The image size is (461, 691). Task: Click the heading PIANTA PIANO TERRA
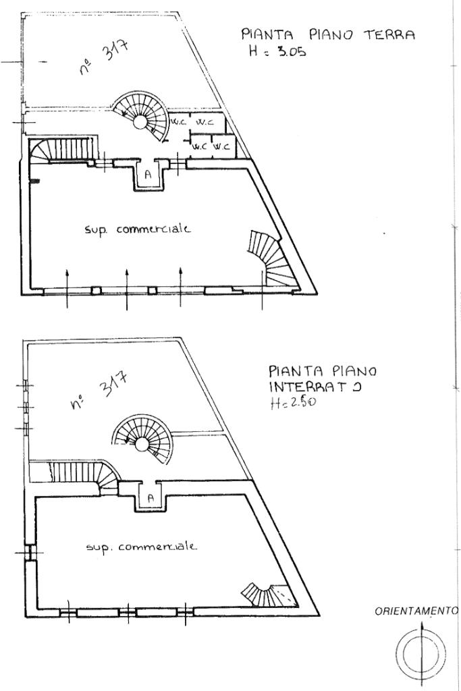(328, 34)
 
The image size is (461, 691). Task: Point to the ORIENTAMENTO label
(416, 611)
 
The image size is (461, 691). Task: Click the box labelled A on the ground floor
(148, 175)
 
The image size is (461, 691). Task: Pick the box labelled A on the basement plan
(151, 499)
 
